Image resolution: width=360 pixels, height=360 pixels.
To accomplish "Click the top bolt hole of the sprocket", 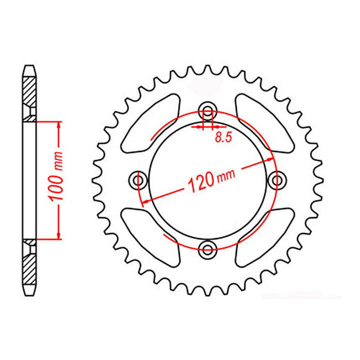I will click(x=207, y=110).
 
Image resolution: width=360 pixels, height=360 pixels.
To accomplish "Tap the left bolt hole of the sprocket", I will click(x=137, y=179).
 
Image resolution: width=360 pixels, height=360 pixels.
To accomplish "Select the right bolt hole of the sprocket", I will click(x=277, y=179).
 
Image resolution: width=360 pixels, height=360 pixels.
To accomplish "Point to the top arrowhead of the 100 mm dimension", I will click(x=59, y=125).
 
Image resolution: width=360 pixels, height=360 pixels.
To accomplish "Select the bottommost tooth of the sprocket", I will click(x=207, y=291).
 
